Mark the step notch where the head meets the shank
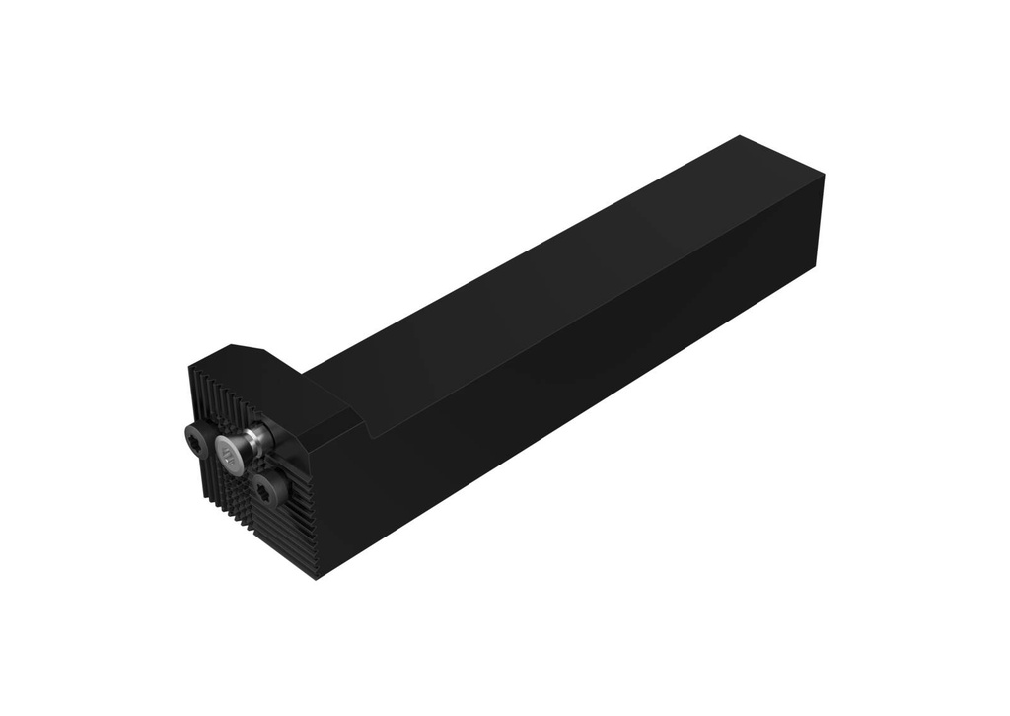[x=367, y=425]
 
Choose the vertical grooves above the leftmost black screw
[x=212, y=399]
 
